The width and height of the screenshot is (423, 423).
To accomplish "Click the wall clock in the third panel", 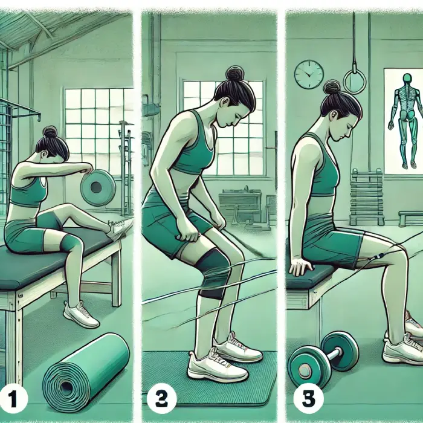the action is tap(309, 74).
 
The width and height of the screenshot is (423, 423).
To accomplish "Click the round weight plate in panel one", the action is tap(98, 187).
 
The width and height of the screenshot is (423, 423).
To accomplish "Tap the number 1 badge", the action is tap(13, 399).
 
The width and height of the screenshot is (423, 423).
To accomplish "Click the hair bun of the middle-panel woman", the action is tap(235, 73).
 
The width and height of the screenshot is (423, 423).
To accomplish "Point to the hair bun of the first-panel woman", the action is tap(50, 132).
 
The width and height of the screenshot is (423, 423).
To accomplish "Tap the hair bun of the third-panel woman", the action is tap(331, 88).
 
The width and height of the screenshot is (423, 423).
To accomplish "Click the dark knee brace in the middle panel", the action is tap(211, 273).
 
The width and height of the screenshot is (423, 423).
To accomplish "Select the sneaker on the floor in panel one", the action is tap(81, 314).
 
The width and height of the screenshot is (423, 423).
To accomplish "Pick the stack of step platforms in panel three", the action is tap(367, 198).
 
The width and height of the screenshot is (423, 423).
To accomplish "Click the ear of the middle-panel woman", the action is tap(224, 102).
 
